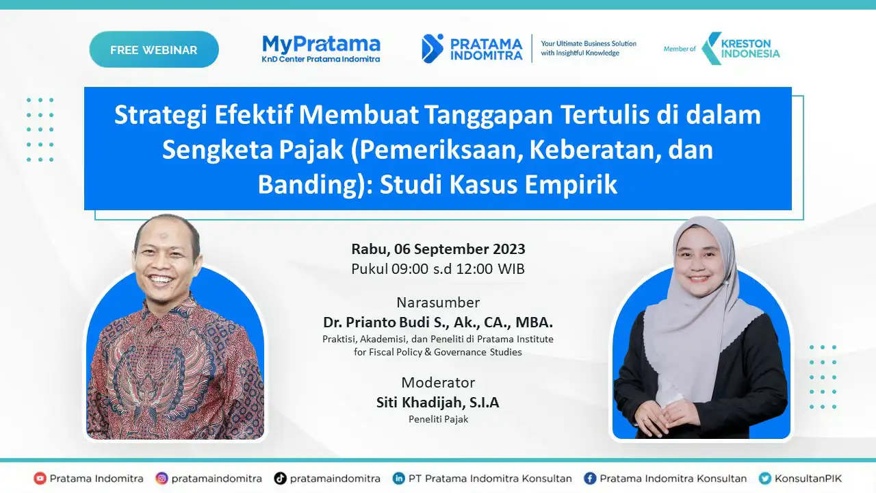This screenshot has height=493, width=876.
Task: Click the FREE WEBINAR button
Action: pyautogui.click(x=154, y=49)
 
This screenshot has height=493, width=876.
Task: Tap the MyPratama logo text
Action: pyautogui.click(x=321, y=45)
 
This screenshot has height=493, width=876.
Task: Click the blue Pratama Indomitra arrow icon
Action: pyautogui.click(x=433, y=49)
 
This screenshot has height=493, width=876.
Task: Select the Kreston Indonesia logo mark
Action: pyautogui.click(x=711, y=49)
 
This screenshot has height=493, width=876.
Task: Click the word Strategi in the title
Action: pyautogui.click(x=161, y=116)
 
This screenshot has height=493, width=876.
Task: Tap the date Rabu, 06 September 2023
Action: pyautogui.click(x=438, y=249)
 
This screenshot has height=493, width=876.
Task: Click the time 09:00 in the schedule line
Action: pyautogui.click(x=410, y=269)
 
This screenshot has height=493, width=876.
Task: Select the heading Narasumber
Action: pyautogui.click(x=438, y=303)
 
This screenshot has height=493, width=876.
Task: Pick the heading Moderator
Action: pyautogui.click(x=438, y=382)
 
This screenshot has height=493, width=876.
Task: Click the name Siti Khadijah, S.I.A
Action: pyautogui.click(x=438, y=402)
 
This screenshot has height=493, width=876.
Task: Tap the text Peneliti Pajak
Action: pyautogui.click(x=438, y=419)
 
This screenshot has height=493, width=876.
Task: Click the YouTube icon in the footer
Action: pyautogui.click(x=40, y=478)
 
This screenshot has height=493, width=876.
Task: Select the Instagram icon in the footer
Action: pyautogui.click(x=162, y=478)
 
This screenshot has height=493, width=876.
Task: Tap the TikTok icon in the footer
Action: pyautogui.click(x=280, y=478)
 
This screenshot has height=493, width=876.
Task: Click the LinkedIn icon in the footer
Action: pyautogui.click(x=398, y=478)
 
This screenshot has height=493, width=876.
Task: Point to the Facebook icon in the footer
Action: pyautogui.click(x=590, y=478)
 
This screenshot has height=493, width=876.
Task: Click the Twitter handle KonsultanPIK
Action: pyautogui.click(x=808, y=478)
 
